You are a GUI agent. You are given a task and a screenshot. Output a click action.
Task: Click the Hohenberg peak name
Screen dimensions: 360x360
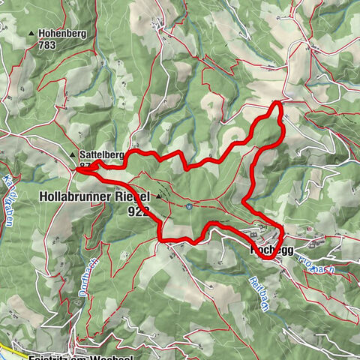click(62, 34)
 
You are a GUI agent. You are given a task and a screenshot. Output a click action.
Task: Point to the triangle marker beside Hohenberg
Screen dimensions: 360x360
click(31, 34)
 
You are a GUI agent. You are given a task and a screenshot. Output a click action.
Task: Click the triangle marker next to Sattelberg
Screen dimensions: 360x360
click(73, 154)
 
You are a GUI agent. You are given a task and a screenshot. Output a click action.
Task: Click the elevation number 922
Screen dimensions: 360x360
click(139, 211)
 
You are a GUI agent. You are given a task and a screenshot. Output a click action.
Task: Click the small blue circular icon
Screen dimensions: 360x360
click(191, 205)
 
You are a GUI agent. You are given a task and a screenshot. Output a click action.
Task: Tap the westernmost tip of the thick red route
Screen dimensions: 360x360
click(77, 169)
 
